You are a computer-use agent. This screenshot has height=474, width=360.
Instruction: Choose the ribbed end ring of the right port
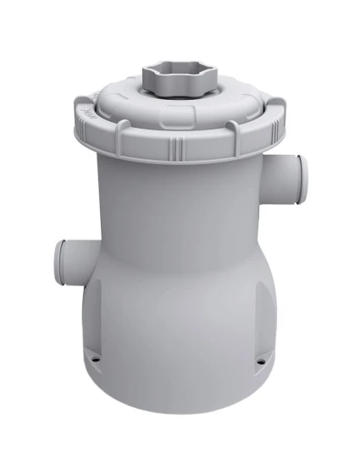[302, 173]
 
